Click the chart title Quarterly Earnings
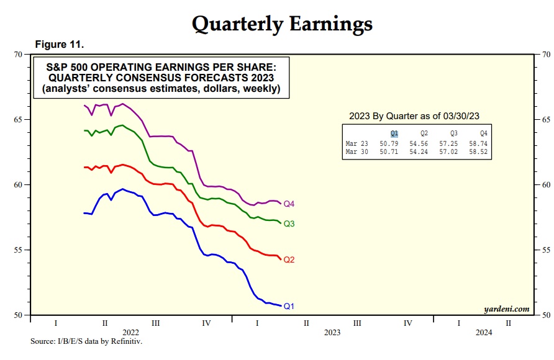pyautogui.click(x=282, y=23)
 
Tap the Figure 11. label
pyautogui.click(x=59, y=45)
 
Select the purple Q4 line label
pyautogui.click(x=289, y=204)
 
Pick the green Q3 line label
pyautogui.click(x=289, y=223)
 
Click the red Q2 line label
pyautogui.click(x=289, y=259)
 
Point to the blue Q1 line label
pyautogui.click(x=289, y=306)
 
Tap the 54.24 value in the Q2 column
pyautogui.click(x=419, y=151)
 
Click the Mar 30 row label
pyautogui.click(x=357, y=151)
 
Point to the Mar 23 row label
pyautogui.click(x=357, y=143)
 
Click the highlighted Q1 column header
pyautogui.click(x=394, y=133)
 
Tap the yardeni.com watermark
pyautogui.click(x=506, y=308)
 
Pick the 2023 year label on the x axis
pyautogui.click(x=332, y=333)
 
